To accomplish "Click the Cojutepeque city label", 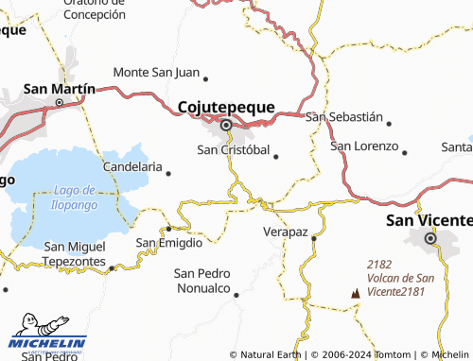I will (x=227, y=107).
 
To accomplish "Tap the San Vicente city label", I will (x=429, y=220).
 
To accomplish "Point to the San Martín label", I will (x=59, y=88).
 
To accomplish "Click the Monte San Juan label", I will (x=156, y=72).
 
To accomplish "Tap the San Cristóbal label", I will (x=232, y=149).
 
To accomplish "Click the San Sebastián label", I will (x=344, y=117).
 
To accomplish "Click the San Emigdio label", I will (x=168, y=243).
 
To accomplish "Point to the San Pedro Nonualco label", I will (x=201, y=281).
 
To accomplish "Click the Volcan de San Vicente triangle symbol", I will (x=356, y=293).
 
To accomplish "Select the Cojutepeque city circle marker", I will (x=226, y=125).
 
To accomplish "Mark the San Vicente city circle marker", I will (x=431, y=239).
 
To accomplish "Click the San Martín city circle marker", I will (x=59, y=102).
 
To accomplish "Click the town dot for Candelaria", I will (x=168, y=173).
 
